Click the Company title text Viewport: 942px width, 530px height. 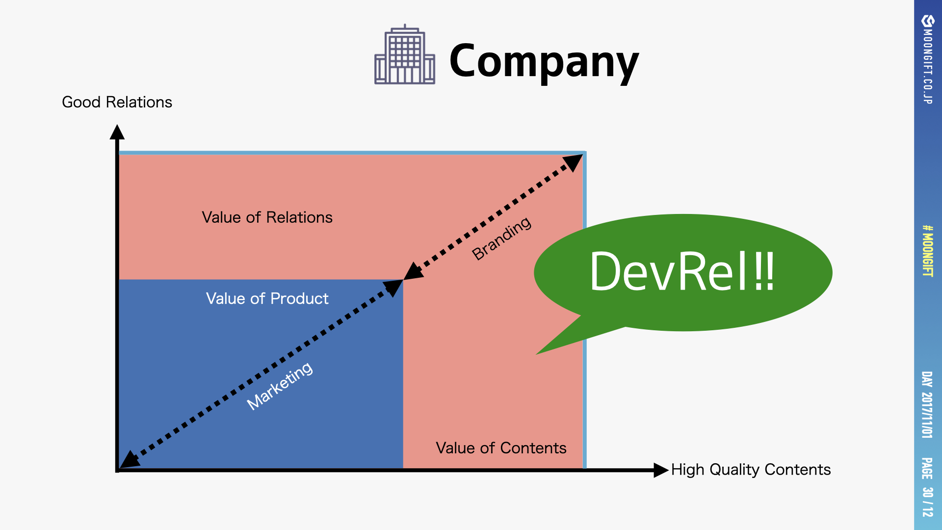pos(544,61)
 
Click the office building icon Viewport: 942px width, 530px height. pos(405,55)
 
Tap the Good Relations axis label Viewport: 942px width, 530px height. pos(117,102)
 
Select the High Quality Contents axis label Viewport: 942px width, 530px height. pos(751,470)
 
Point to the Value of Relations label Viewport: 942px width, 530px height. pos(267,217)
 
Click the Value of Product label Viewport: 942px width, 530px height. pos(267,298)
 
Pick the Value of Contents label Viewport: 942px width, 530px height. pos(501,448)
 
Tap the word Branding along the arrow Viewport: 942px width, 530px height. pos(501,238)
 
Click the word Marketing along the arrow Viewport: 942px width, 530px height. pos(280,386)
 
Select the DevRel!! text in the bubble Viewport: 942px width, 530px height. pos(682,271)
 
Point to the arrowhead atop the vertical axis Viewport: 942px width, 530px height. pos(117,132)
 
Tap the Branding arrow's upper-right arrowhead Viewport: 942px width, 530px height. pos(573,162)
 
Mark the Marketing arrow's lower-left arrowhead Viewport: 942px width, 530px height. pos(129,460)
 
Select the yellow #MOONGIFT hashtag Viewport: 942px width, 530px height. pos(927,251)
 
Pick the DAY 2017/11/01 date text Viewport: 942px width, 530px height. pos(927,405)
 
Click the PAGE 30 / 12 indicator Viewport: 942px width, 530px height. pos(927,487)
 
